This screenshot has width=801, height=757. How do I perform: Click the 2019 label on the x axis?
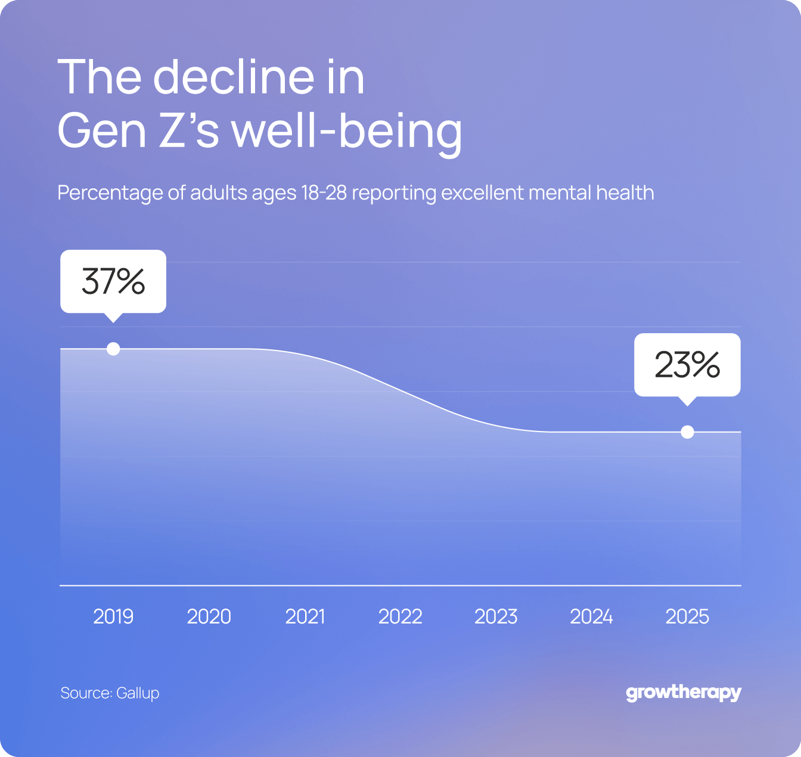113,616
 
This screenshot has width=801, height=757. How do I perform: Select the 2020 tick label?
209,616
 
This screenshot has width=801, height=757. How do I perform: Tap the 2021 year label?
305,616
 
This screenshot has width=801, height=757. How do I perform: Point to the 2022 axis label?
400,616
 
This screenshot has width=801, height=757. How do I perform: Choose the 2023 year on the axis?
496,616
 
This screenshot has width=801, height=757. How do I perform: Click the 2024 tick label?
591,616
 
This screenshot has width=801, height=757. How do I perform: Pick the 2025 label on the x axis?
687,616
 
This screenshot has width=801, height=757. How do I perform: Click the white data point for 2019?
113,349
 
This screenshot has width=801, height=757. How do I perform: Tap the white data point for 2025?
687,432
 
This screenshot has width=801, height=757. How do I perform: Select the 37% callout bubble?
113,281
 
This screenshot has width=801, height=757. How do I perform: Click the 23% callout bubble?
687,365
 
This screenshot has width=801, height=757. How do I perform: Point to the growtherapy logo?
683,693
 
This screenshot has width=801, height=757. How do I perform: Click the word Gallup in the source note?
138,693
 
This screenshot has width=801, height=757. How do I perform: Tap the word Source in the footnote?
86,693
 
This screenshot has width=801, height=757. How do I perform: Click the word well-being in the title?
346,131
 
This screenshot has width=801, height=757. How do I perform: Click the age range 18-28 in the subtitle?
324,193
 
